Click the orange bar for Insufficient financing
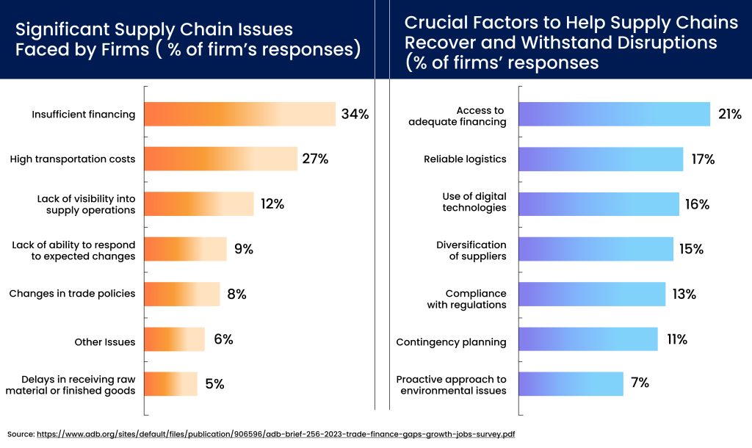point(239,114)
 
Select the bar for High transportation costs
point(220,159)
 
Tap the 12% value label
point(272,204)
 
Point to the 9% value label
point(244,249)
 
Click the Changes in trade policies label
point(72,294)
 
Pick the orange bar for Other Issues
point(175,339)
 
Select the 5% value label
point(214,384)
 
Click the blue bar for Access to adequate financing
point(614,114)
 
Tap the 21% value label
point(729,114)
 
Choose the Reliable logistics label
point(465,159)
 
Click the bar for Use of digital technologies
point(599,204)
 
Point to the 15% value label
point(691,249)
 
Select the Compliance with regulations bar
point(592,295)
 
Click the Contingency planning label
point(451,342)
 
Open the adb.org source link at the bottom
point(275,434)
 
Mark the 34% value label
point(355,114)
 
